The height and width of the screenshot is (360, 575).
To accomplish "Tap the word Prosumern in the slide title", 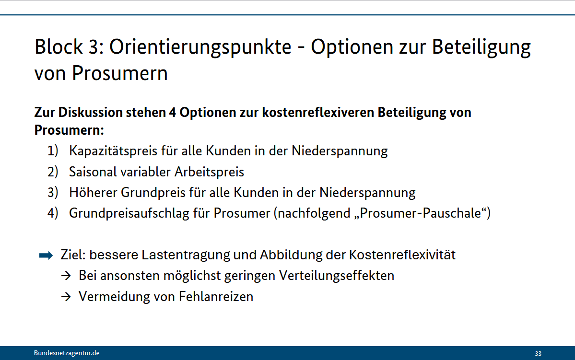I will pos(120,73).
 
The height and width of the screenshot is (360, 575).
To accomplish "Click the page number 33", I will pos(538,353).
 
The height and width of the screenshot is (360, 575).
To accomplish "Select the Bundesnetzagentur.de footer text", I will pos(67,353).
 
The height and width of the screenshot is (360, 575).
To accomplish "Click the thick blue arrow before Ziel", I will pos(46,255).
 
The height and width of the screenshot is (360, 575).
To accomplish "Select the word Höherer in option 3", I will pos(93,193).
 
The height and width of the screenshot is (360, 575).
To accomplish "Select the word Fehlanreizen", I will pos(216,297).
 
